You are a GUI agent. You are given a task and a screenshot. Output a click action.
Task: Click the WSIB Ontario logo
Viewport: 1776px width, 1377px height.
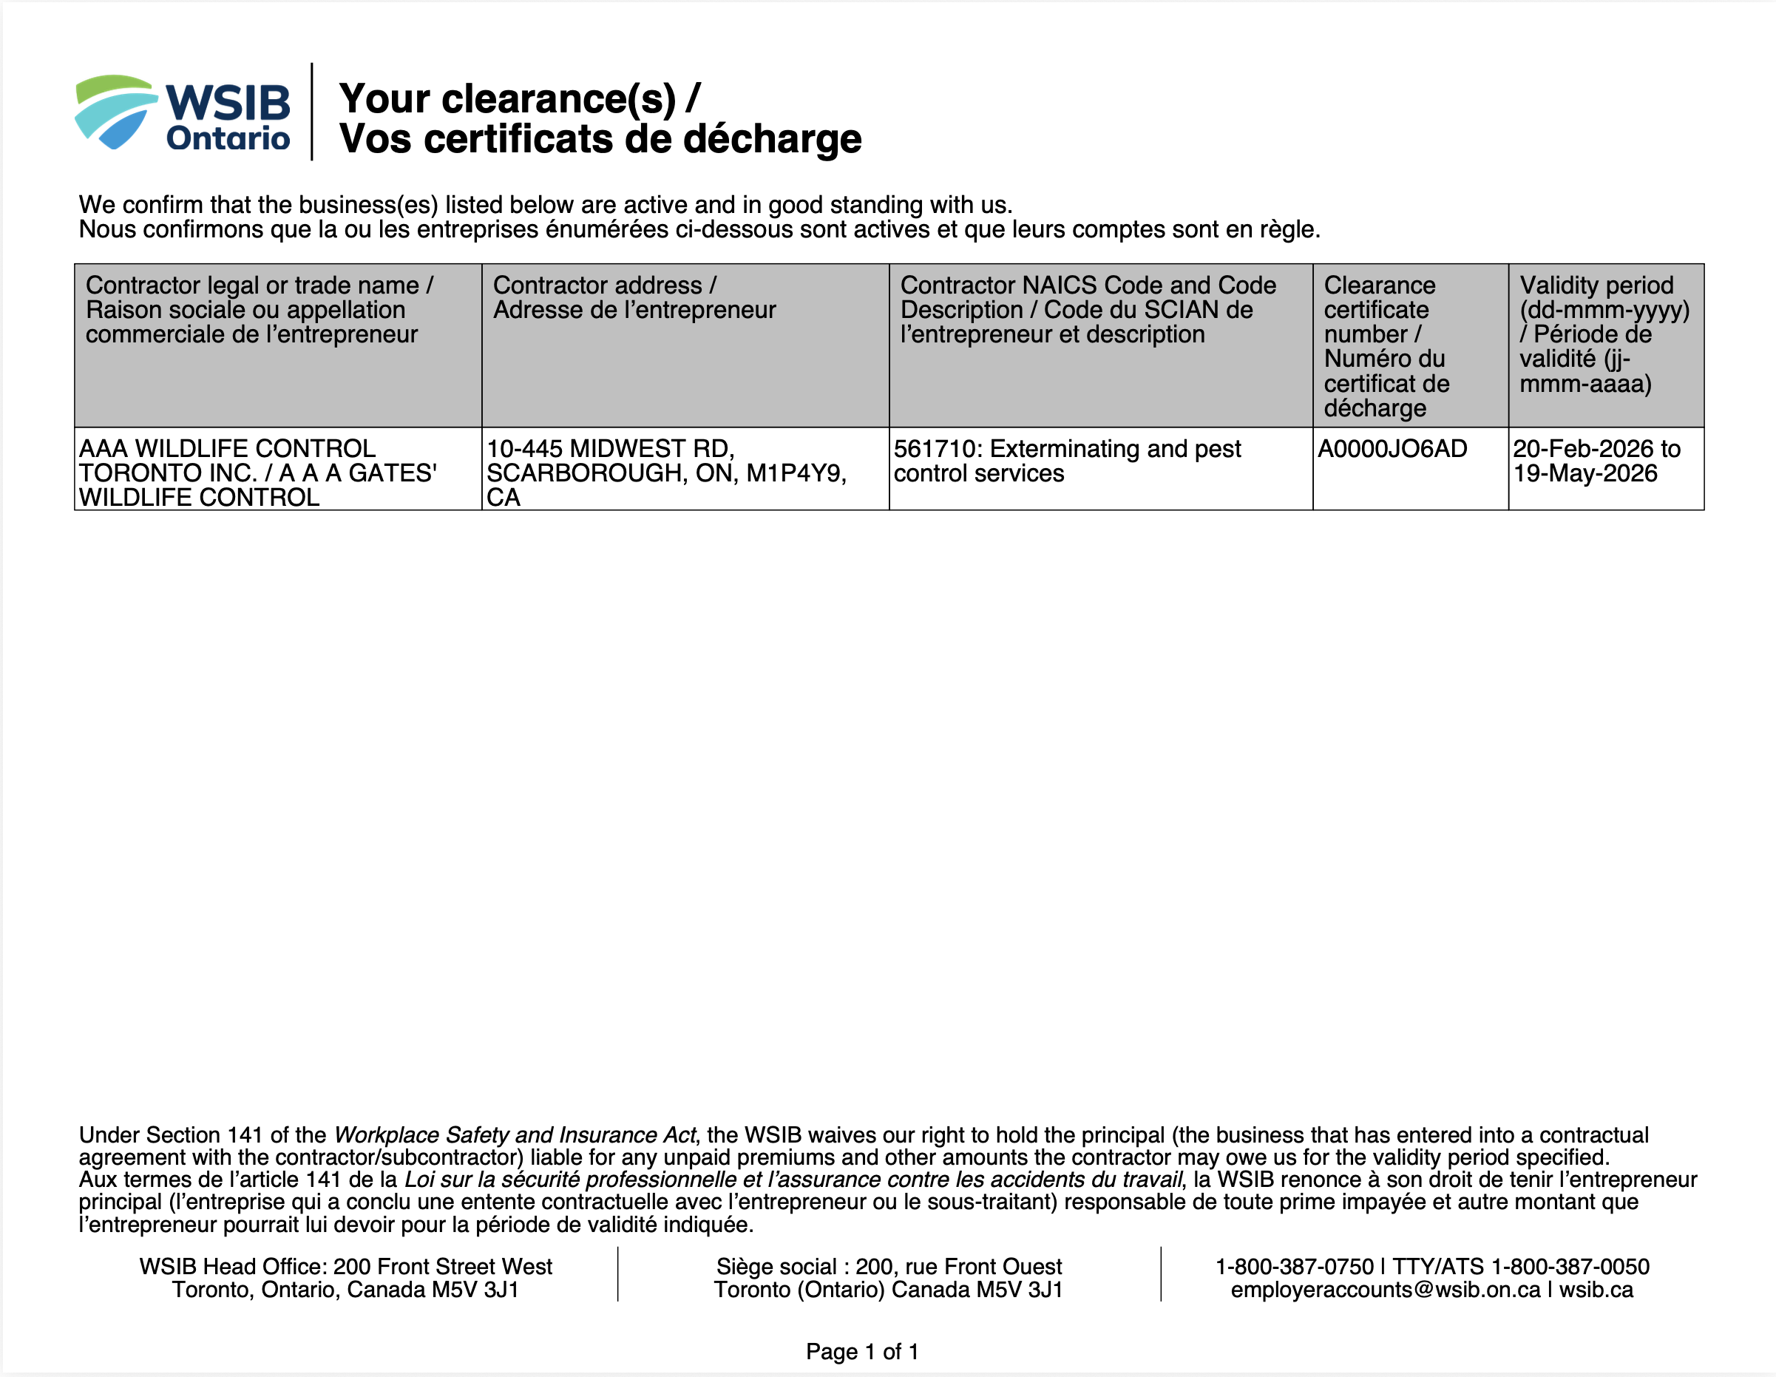[182, 113]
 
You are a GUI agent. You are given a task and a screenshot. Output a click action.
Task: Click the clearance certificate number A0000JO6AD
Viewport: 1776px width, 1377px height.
[1392, 449]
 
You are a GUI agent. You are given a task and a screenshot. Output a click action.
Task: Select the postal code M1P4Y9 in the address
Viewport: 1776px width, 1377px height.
[796, 473]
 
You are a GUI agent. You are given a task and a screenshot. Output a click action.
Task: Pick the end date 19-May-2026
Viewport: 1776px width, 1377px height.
[1585, 473]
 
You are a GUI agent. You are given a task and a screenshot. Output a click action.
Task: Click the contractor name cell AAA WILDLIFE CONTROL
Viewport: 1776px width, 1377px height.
[228, 449]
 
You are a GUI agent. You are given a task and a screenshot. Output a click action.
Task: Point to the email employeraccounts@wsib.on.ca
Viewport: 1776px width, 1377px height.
[1385, 1290]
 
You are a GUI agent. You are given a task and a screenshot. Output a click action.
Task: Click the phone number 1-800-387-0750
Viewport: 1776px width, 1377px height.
[1294, 1266]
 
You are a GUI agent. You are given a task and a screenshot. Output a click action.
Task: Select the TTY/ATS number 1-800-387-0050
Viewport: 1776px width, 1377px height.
[1570, 1266]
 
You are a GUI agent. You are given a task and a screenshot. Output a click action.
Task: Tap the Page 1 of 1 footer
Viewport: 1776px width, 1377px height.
[862, 1352]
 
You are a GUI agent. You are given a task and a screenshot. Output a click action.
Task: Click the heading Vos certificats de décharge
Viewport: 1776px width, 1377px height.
[600, 139]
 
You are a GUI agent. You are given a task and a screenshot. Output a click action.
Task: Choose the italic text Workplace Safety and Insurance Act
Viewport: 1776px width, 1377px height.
[515, 1134]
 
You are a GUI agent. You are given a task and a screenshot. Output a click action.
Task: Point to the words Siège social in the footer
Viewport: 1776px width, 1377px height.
[776, 1266]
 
